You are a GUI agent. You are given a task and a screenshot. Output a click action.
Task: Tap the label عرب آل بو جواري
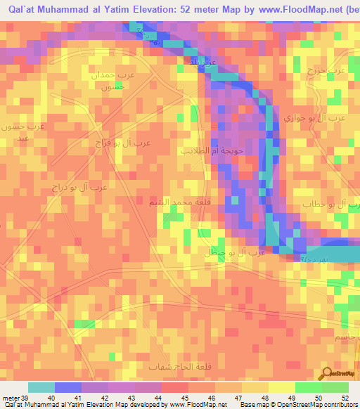coord(314,119)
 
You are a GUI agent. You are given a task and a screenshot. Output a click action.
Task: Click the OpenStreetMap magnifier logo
coord(326,372)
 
